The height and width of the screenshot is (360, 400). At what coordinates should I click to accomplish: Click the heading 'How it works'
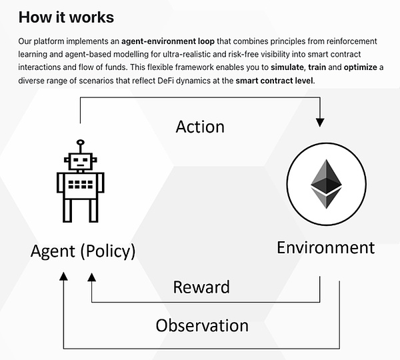pyautogui.click(x=66, y=17)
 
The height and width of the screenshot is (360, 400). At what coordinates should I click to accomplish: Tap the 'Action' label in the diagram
pyautogui.click(x=200, y=126)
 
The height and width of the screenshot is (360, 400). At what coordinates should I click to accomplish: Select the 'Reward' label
pyautogui.click(x=201, y=287)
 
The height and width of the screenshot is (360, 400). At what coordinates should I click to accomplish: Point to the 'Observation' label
pyautogui.click(x=202, y=325)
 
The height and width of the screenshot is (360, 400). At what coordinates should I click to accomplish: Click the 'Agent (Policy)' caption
pyautogui.click(x=83, y=251)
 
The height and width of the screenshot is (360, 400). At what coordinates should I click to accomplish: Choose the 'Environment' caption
pyautogui.click(x=325, y=248)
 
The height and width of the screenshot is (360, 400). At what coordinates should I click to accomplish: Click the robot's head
pyautogui.click(x=80, y=161)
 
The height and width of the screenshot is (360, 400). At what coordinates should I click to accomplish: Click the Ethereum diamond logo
pyautogui.click(x=327, y=181)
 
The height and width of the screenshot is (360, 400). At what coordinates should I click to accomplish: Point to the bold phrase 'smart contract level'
pyautogui.click(x=275, y=81)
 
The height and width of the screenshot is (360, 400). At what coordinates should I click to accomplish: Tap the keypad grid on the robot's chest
pyautogui.click(x=80, y=183)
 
